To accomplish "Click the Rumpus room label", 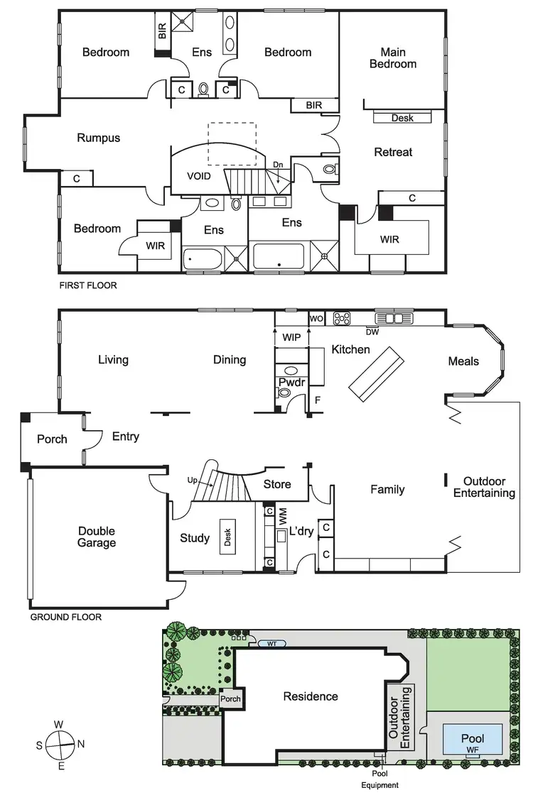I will [x=98, y=138].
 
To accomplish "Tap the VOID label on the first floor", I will [x=199, y=176].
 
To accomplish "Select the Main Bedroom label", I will [x=398, y=57].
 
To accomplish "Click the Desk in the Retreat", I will [x=402, y=118].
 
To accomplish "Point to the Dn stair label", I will [x=278, y=165].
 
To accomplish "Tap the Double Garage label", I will [x=97, y=537].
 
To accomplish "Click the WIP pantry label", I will [x=292, y=336].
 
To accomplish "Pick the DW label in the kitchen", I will [x=372, y=331].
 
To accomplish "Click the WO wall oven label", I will [x=316, y=318].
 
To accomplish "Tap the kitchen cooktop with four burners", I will [x=342, y=318].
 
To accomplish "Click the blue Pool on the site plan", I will [x=472, y=738].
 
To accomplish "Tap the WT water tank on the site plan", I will [x=271, y=645].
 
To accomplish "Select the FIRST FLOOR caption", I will [x=88, y=285].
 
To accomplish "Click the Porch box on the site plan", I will [x=230, y=699].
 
